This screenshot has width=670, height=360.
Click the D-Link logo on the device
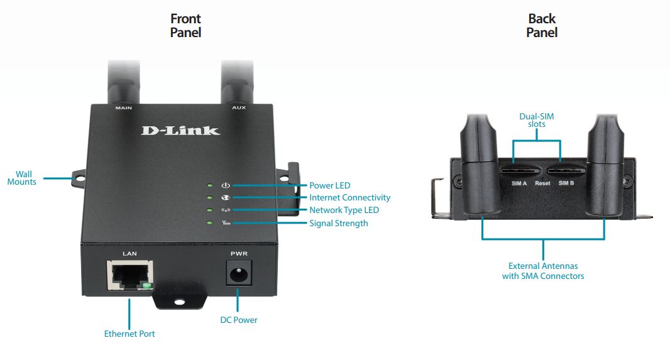click(180, 130)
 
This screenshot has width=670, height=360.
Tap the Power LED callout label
click(329, 185)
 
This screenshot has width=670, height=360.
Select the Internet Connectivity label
click(349, 197)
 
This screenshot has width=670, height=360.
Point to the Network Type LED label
click(344, 210)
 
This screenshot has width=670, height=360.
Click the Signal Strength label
click(338, 223)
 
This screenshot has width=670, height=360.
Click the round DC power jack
click(238, 275)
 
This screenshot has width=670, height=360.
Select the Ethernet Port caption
click(129, 334)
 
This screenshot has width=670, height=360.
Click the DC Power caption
click(238, 320)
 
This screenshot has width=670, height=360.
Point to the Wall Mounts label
click(22, 178)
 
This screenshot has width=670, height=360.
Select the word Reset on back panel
click(542, 183)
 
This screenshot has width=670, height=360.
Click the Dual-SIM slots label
click(537, 120)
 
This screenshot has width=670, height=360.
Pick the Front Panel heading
click(185, 25)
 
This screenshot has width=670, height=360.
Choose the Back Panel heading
click(542, 25)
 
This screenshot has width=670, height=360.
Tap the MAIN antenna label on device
click(123, 108)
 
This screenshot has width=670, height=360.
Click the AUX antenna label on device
click(239, 108)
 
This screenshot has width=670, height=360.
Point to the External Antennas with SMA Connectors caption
click(543, 271)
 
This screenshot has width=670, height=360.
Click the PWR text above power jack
click(239, 254)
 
